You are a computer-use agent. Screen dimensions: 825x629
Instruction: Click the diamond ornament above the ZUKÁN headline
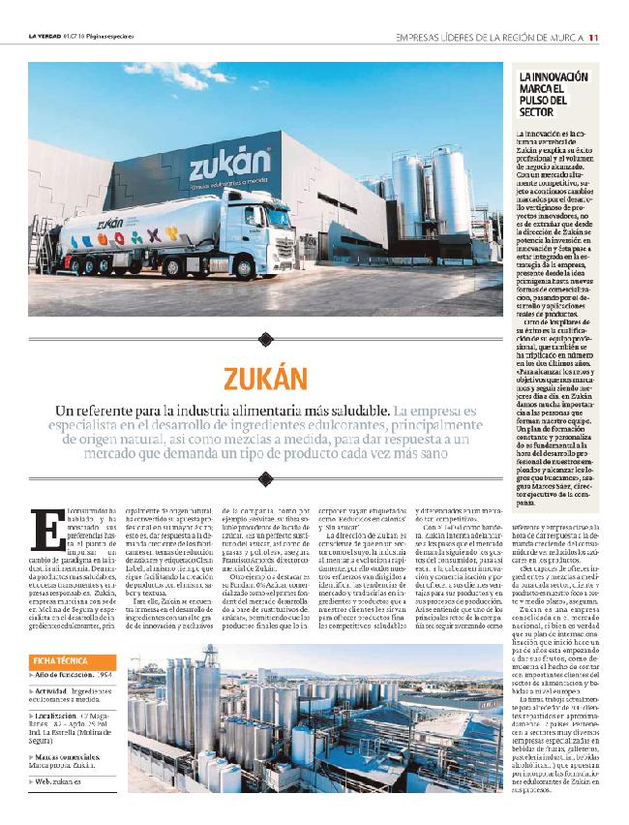266,339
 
